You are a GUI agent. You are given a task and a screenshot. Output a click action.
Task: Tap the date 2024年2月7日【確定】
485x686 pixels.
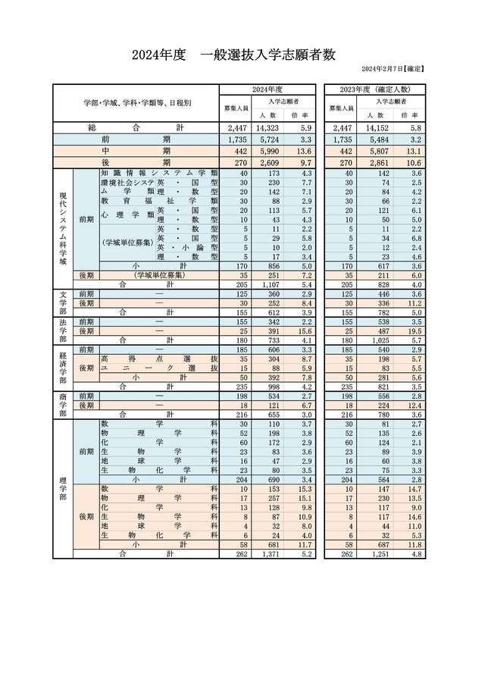click(394, 70)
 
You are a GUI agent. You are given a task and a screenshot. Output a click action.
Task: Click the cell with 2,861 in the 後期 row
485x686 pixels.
click(373, 162)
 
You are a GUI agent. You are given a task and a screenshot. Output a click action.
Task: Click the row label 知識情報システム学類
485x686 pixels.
click(159, 173)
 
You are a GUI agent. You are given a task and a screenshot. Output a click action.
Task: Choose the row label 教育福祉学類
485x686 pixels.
click(159, 201)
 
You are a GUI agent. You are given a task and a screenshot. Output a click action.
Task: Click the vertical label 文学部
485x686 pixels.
click(63, 302)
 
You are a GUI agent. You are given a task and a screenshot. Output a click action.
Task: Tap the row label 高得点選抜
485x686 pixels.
click(159, 359)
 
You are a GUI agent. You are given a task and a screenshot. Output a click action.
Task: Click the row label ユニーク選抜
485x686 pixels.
click(159, 368)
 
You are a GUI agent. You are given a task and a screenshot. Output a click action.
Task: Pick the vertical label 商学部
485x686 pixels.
click(63, 405)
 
